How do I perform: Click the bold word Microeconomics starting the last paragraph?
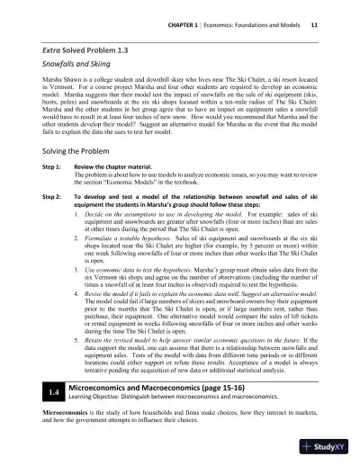tap(52, 414)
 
